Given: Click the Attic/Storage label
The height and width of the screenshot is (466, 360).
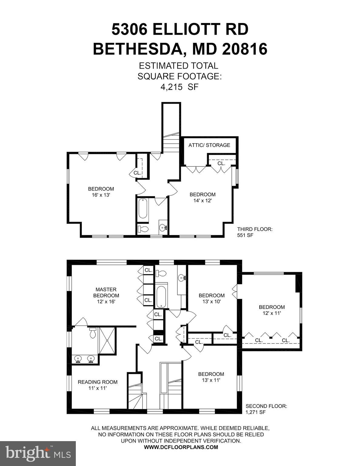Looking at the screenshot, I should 209,145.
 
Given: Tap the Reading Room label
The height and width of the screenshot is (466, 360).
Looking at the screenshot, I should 97,382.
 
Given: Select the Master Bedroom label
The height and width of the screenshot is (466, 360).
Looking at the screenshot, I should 106,292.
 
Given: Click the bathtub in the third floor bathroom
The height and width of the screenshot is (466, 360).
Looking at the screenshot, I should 143,208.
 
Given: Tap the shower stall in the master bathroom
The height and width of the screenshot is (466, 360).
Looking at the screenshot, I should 107,340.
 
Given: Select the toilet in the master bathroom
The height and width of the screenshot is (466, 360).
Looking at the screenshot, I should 93,333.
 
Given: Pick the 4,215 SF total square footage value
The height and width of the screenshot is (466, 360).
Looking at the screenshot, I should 179,87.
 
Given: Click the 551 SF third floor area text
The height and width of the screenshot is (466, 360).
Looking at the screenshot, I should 245,235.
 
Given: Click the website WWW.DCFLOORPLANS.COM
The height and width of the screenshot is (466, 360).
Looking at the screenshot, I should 181,447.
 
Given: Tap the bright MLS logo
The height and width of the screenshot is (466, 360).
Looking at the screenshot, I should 38,453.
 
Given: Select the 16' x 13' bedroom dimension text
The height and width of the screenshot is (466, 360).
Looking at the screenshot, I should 101,195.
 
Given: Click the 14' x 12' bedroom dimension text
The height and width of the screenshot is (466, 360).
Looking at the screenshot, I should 202,201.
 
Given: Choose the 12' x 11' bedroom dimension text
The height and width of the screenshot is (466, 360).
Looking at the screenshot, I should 271,313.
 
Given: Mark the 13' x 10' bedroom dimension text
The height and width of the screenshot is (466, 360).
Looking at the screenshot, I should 211,302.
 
